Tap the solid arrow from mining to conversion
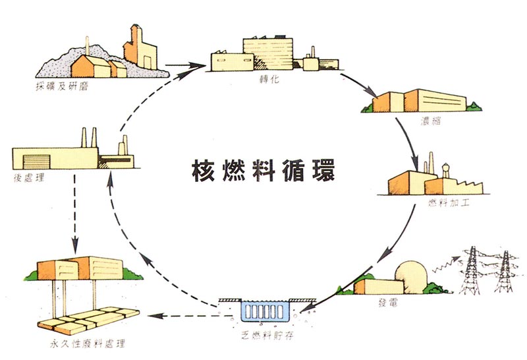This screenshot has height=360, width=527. point(184,66)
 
